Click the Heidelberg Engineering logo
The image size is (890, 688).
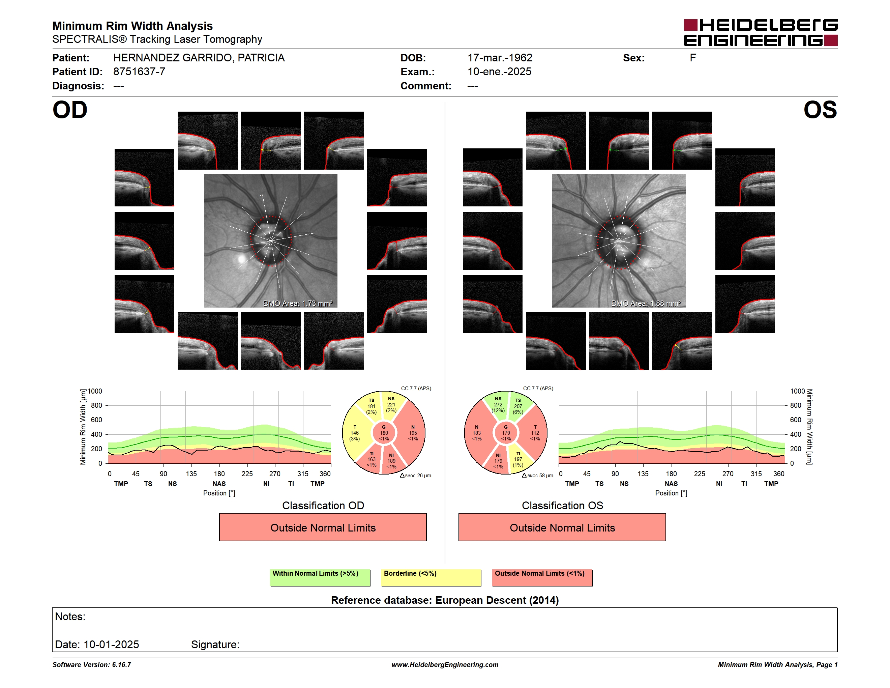tap(761, 33)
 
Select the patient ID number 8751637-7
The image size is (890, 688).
tap(139, 72)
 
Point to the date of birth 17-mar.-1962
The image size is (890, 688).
tap(500, 58)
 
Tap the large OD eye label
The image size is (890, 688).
tap(70, 110)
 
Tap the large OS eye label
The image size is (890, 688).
tap(820, 110)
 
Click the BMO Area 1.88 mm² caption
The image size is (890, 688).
tap(646, 303)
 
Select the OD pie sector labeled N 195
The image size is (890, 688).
tap(412, 433)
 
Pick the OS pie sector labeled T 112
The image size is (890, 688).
tap(534, 433)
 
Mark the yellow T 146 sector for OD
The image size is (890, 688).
tap(354, 433)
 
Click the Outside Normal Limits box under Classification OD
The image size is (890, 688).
tap(323, 527)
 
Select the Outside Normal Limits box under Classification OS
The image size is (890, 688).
tap(562, 527)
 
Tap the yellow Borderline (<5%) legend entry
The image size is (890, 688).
tap(431, 577)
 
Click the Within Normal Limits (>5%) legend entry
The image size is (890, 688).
tap(320, 577)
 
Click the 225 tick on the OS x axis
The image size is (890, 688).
tap(699, 474)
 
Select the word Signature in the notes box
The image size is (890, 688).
tap(215, 644)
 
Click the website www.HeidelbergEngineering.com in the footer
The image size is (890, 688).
tap(445, 665)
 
